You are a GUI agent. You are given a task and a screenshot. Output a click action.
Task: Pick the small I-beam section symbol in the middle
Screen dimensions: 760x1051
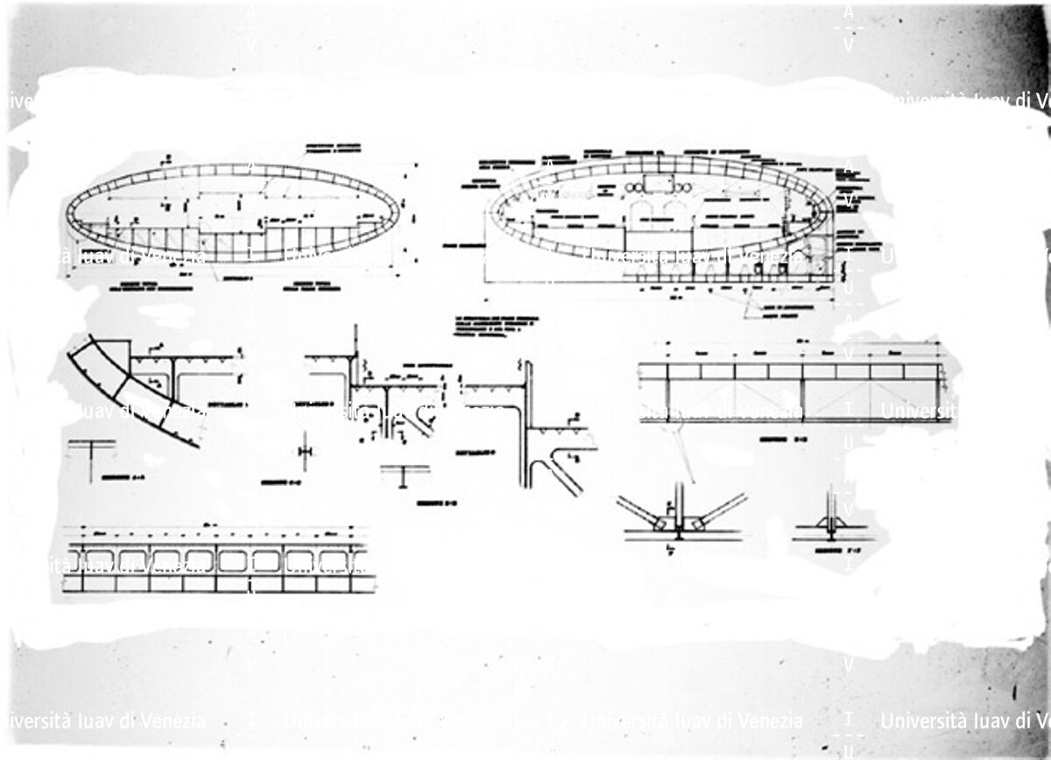tap(404, 474)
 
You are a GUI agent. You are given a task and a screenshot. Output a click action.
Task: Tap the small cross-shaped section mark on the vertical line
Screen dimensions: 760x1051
tap(305, 450)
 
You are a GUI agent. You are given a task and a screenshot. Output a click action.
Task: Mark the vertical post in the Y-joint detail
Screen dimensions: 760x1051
tap(678, 503)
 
